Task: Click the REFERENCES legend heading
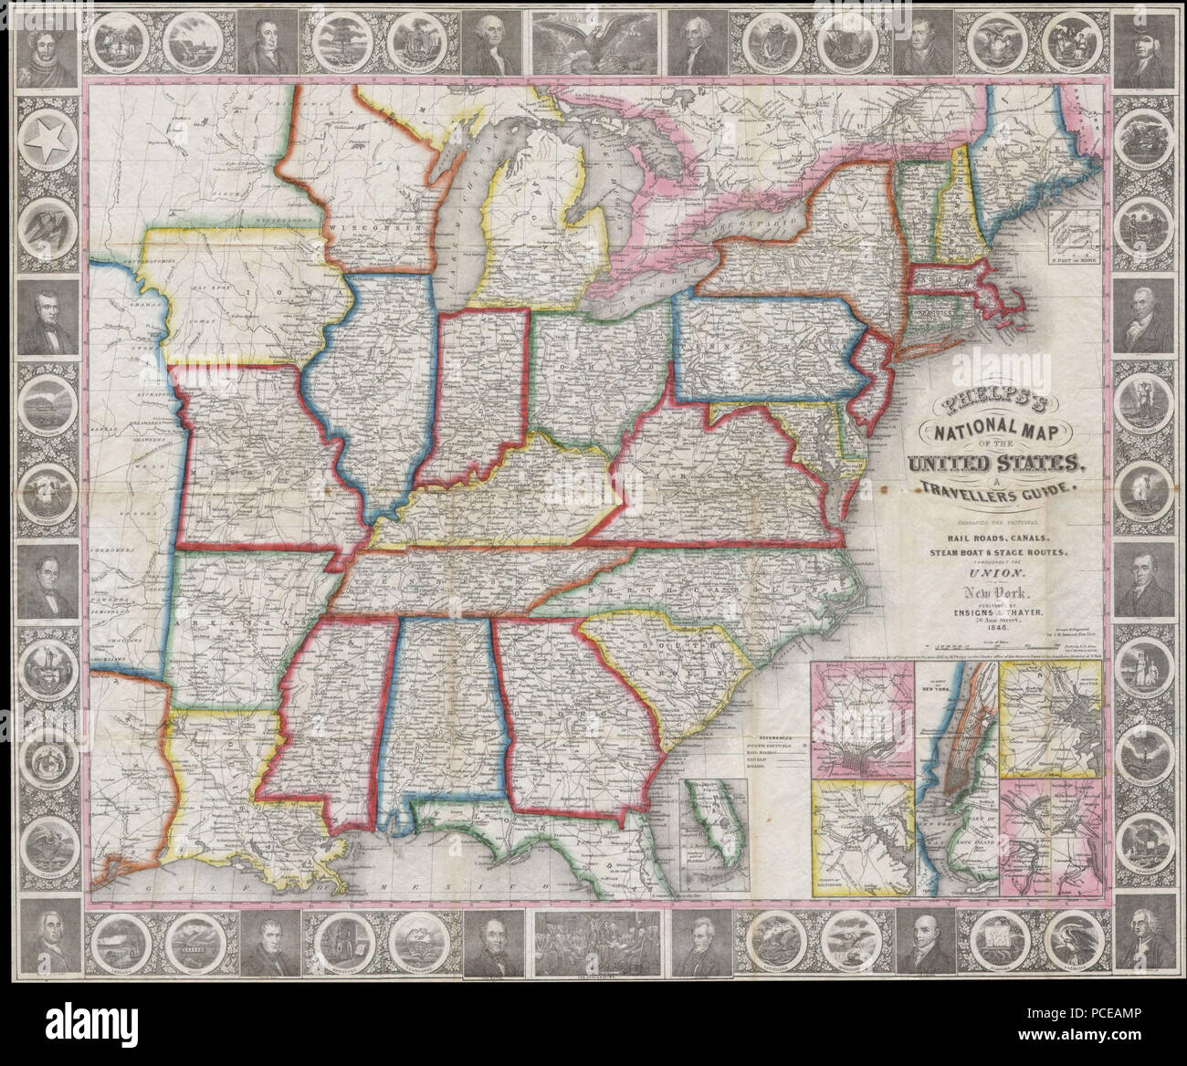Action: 768,735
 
